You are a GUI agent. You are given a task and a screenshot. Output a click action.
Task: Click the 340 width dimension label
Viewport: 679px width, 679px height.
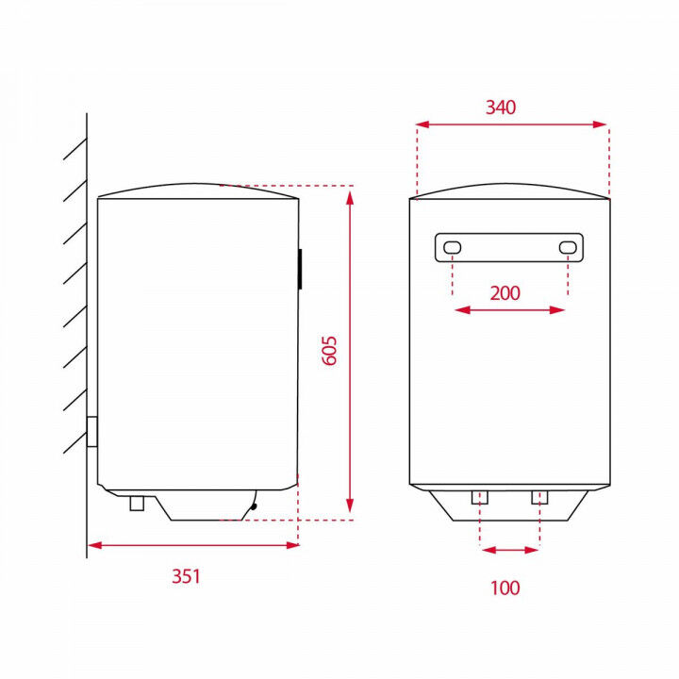(501, 108)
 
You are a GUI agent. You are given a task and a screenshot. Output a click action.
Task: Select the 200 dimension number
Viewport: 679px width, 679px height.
(505, 292)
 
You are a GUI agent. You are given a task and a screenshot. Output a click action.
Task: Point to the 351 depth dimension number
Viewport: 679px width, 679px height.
(186, 576)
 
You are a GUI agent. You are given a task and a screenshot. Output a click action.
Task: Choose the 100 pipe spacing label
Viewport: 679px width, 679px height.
(505, 588)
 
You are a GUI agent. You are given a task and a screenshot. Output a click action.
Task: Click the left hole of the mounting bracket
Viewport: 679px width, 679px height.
(453, 247)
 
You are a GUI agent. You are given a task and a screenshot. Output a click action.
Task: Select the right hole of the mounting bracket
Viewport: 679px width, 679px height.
(567, 247)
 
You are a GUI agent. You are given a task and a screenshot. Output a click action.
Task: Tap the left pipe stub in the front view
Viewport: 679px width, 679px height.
(479, 497)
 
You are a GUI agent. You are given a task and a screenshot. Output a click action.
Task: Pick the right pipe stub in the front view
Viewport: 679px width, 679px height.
(539, 497)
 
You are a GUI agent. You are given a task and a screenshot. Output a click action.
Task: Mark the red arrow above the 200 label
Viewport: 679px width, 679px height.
(509, 309)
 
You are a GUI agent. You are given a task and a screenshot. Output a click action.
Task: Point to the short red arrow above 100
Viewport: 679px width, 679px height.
(509, 549)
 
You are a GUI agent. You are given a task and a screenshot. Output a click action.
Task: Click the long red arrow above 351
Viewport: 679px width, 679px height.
(193, 544)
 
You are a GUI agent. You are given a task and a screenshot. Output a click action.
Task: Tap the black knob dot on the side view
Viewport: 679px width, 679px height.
(253, 507)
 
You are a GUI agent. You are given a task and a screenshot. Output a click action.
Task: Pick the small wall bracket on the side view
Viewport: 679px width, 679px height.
(91, 433)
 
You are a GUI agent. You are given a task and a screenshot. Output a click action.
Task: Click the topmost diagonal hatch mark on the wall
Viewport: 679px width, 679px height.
(75, 150)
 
